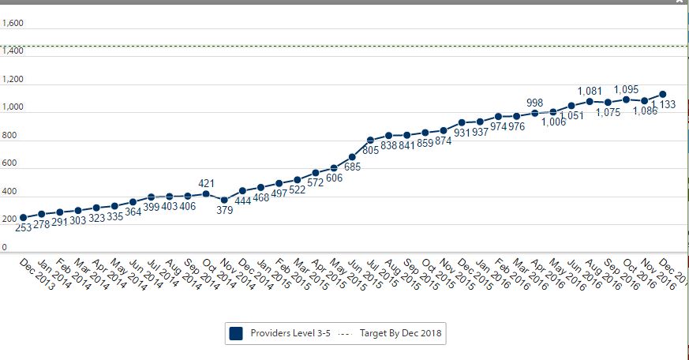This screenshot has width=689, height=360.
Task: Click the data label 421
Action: (x=207, y=183)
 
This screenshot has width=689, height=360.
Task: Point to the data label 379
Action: (x=225, y=210)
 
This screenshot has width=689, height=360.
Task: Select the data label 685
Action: (x=353, y=167)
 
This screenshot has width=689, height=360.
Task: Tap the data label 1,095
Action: (x=626, y=89)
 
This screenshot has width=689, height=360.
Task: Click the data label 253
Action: (x=24, y=227)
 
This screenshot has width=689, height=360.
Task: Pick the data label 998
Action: (x=535, y=103)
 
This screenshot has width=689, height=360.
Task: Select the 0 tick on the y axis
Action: (x=5, y=248)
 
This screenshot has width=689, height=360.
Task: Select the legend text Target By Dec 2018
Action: (x=400, y=334)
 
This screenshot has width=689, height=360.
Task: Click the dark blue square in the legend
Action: (x=235, y=334)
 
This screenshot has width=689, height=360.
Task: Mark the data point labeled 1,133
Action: (x=663, y=94)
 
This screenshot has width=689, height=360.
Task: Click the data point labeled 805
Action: (x=370, y=140)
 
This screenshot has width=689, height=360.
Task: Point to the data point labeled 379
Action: (x=224, y=200)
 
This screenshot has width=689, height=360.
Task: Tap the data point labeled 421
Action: (x=206, y=193)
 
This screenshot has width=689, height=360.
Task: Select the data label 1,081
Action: (x=590, y=91)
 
